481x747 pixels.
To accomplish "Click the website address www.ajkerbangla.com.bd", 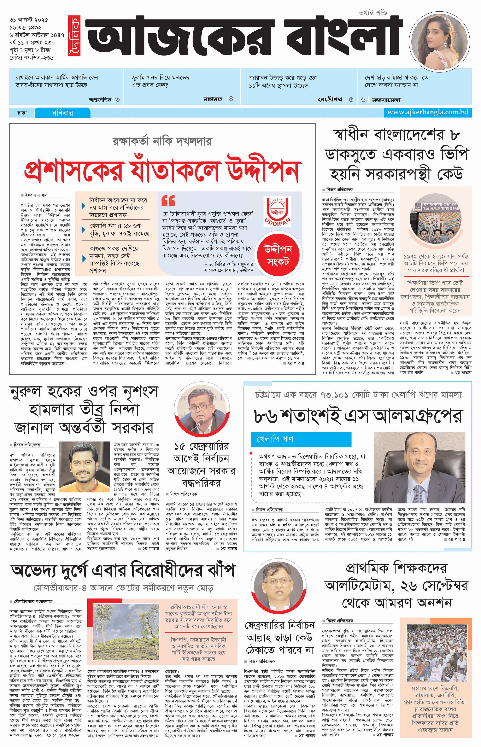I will coord(427,112).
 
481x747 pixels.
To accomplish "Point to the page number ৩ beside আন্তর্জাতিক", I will coord(117,100).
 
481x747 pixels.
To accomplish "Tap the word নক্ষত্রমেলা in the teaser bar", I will coord(386,100).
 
